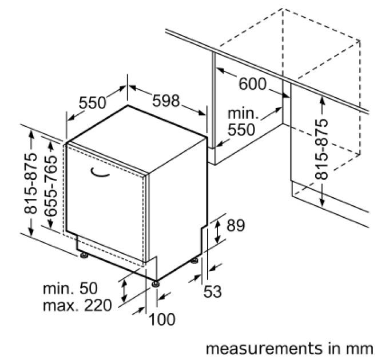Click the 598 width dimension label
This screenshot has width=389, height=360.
[166, 101]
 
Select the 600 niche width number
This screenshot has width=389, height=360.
[252, 84]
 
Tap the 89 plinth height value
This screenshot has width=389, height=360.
[236, 225]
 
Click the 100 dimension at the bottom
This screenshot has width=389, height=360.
[162, 319]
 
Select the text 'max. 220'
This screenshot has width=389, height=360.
[77, 305]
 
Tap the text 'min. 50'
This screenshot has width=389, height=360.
[70, 288]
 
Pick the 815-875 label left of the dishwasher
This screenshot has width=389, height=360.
[30, 183]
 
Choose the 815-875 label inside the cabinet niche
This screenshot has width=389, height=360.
[321, 149]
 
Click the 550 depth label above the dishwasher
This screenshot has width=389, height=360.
[92, 103]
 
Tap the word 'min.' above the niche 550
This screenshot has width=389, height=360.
[243, 113]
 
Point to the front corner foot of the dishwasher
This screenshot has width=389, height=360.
[156, 283]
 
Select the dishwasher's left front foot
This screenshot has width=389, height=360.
[84, 255]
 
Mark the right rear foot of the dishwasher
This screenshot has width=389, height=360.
[194, 261]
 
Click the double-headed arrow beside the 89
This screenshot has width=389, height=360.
[217, 231]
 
